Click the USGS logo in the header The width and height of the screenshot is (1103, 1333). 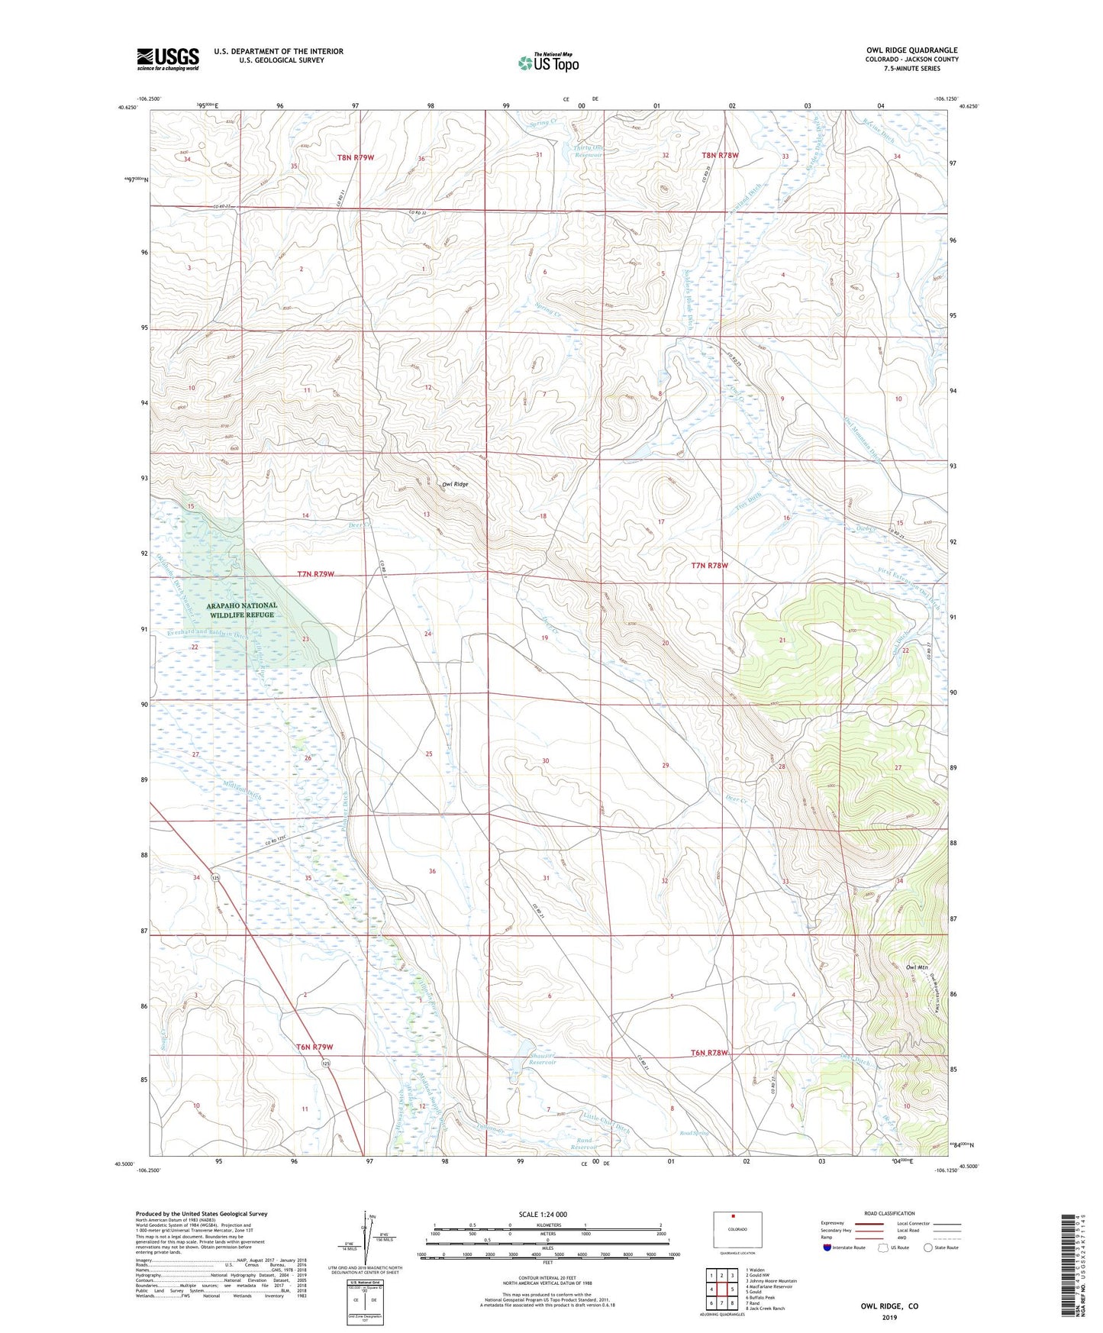[168, 59]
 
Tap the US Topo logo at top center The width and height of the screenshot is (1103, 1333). [547, 63]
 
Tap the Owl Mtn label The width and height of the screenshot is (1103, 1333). [916, 968]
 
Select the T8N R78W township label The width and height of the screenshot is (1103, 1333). [720, 156]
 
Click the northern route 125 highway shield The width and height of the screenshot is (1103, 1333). [217, 877]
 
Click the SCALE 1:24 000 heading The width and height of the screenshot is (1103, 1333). [543, 1215]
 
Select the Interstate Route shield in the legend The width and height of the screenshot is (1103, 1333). [828, 1247]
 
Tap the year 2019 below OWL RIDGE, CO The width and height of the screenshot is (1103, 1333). [889, 1318]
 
